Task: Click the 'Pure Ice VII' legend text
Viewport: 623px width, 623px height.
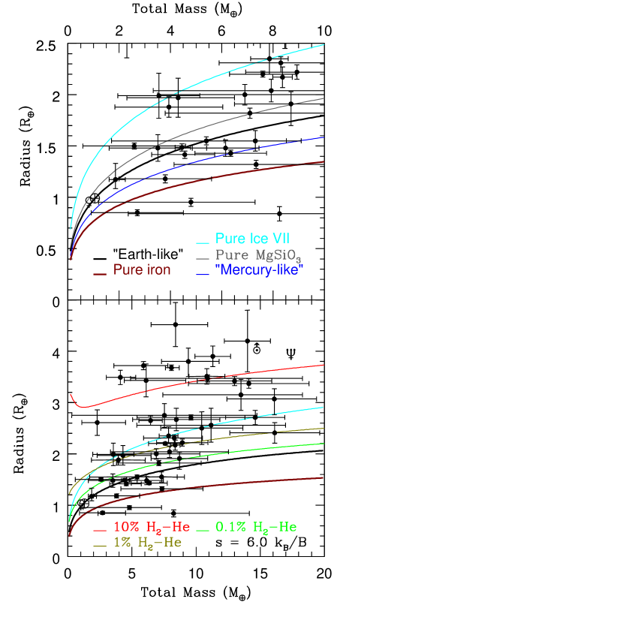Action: coord(252,239)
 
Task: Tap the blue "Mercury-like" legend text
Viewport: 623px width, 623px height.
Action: coord(259,270)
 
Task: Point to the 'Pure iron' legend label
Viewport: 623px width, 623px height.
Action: coord(142,270)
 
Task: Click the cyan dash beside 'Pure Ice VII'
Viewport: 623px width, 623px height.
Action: coord(202,242)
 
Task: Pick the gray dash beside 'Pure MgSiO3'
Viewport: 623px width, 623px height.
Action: coord(202,258)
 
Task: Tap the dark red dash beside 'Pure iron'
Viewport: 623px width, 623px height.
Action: coord(99,275)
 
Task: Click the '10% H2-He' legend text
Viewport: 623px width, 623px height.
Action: coord(152,528)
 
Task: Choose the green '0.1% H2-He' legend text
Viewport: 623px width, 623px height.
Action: coord(256,528)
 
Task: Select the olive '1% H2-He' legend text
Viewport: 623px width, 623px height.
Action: coord(147,543)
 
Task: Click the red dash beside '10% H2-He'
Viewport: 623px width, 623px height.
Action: coord(99,531)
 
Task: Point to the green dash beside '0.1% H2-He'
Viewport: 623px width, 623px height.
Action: coord(202,531)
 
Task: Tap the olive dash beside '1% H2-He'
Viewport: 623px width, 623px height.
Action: coord(99,546)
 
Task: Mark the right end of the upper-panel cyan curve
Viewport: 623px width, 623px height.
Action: coord(324,45)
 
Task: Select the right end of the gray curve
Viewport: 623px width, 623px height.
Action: coord(324,98)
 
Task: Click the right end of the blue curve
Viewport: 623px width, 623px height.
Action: coord(324,137)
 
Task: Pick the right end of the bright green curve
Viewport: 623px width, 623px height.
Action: coord(324,444)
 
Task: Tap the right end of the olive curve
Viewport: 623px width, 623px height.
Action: coord(324,428)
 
